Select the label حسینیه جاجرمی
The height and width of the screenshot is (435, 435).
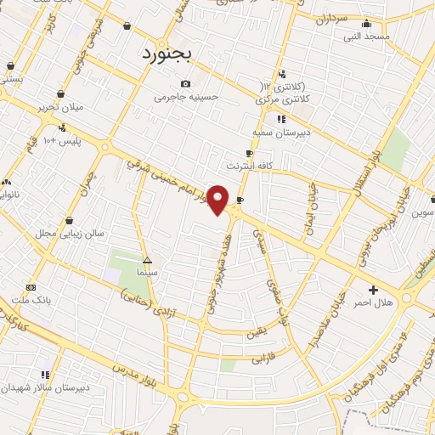[x=186, y=98]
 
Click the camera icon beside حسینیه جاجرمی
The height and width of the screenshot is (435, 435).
[x=186, y=83]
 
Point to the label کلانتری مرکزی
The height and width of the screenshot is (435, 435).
[x=284, y=99]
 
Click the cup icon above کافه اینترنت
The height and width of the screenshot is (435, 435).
[x=249, y=154]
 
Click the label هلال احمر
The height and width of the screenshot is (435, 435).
[x=373, y=303]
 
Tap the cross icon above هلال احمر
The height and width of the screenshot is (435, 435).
[x=374, y=291]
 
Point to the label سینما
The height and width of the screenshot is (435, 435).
[x=147, y=273]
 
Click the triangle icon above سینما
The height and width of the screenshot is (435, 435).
[x=147, y=260]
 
